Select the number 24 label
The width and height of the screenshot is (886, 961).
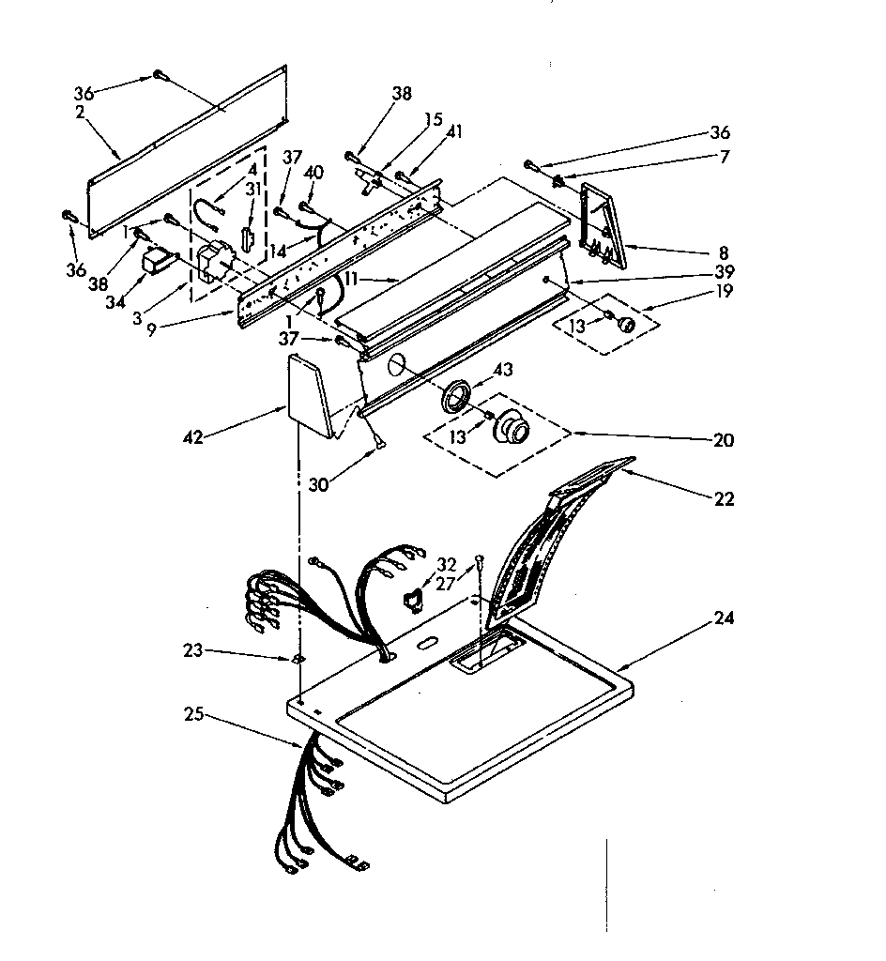click(723, 618)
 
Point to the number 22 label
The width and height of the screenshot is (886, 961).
click(723, 499)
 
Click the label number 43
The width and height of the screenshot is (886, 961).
click(504, 370)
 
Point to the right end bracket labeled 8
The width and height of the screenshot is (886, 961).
click(599, 225)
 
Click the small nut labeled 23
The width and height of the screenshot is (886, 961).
click(298, 659)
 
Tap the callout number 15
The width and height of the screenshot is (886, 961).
click(433, 119)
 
